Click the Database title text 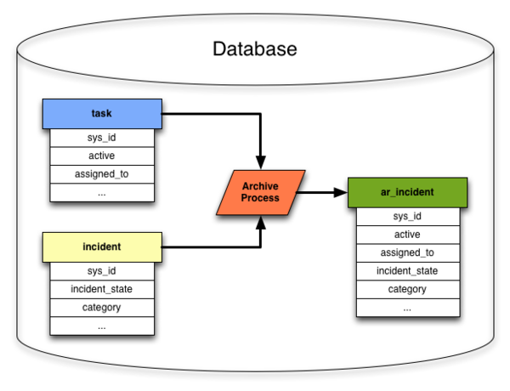255,48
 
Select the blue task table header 102,114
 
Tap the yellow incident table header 102,247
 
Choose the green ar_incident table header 407,193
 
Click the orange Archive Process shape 261,192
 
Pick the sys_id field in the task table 102,138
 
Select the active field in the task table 102,156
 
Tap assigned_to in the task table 102,174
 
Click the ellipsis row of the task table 102,193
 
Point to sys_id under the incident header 102,271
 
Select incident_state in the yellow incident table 102,290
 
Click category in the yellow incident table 102,308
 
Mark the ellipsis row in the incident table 102,326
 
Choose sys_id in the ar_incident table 408,217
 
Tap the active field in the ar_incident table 408,235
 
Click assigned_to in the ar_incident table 408,252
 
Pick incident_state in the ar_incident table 408,271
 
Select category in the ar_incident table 408,289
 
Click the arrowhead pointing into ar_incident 341,193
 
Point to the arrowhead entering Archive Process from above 261,162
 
